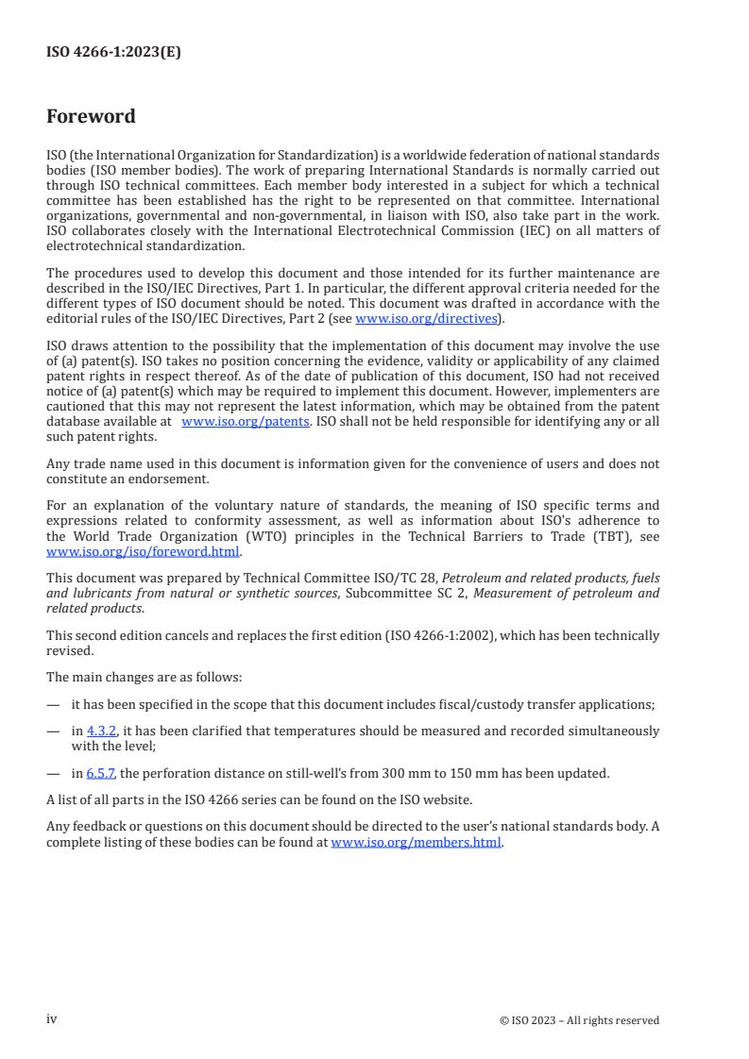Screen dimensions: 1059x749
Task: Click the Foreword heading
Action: pyautogui.click(x=91, y=117)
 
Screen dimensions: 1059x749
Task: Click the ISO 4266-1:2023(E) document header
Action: pyautogui.click(x=113, y=53)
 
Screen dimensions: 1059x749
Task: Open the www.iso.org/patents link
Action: pyautogui.click(x=245, y=421)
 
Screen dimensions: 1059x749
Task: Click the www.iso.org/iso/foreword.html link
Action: pyautogui.click(x=144, y=552)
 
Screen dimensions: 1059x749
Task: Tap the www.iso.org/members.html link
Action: pyautogui.click(x=416, y=842)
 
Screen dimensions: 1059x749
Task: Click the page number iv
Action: pyautogui.click(x=52, y=1018)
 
